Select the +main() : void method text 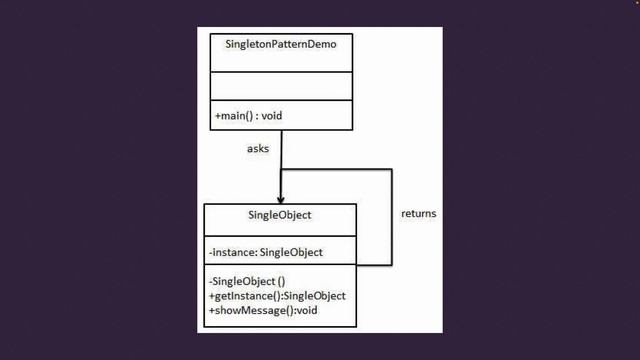(x=248, y=116)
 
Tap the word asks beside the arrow (x=258, y=149)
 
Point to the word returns (x=418, y=214)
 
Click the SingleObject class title (x=279, y=215)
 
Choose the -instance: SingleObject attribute (x=265, y=252)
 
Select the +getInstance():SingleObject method (x=277, y=296)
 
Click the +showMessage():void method (x=262, y=311)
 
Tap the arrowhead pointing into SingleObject (x=281, y=200)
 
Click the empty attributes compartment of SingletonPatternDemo (x=281, y=86)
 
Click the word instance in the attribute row (x=233, y=252)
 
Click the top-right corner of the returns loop (x=391, y=170)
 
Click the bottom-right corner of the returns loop (x=391, y=265)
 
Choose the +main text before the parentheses (x=228, y=116)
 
